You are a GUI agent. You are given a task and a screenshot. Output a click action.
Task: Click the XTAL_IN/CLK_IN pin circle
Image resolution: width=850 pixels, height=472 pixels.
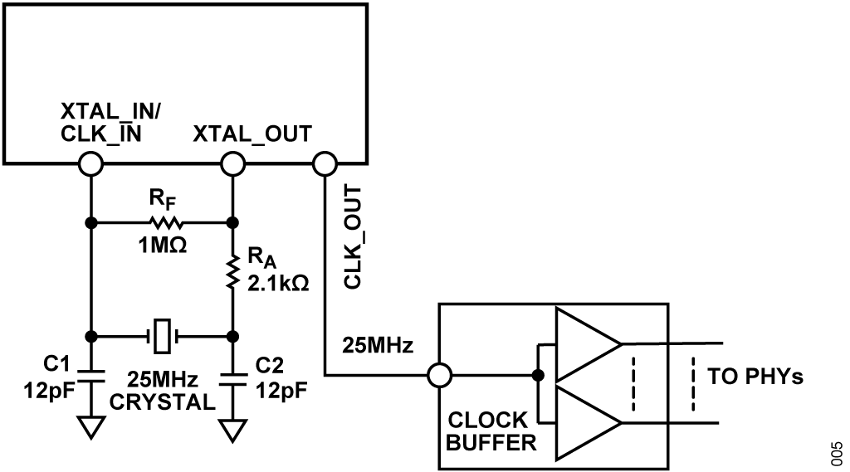90,163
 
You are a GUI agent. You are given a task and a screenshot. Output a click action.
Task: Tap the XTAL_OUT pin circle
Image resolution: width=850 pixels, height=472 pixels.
233,163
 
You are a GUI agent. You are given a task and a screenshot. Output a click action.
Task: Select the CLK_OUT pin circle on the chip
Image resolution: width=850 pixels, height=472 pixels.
324,163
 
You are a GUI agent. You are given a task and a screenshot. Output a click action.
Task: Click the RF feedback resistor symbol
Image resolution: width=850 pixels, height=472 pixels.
163,223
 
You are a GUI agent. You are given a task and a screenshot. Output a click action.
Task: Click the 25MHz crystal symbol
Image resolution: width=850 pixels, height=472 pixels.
163,337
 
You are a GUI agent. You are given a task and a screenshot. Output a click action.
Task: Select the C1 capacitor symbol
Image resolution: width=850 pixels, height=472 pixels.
90,372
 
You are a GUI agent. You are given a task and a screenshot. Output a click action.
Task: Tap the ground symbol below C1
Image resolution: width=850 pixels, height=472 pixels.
90,428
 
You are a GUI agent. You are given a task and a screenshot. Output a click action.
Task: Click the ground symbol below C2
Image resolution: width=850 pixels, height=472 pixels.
233,431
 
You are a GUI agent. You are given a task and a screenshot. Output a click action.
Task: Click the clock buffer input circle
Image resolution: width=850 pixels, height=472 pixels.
437,376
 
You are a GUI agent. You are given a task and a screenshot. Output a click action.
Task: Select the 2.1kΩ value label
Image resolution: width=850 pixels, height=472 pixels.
278,282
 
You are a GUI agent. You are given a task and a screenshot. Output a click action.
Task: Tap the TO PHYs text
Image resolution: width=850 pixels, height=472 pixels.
755,376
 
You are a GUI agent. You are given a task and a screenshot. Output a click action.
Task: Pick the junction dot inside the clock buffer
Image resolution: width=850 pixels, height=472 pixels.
539,376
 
